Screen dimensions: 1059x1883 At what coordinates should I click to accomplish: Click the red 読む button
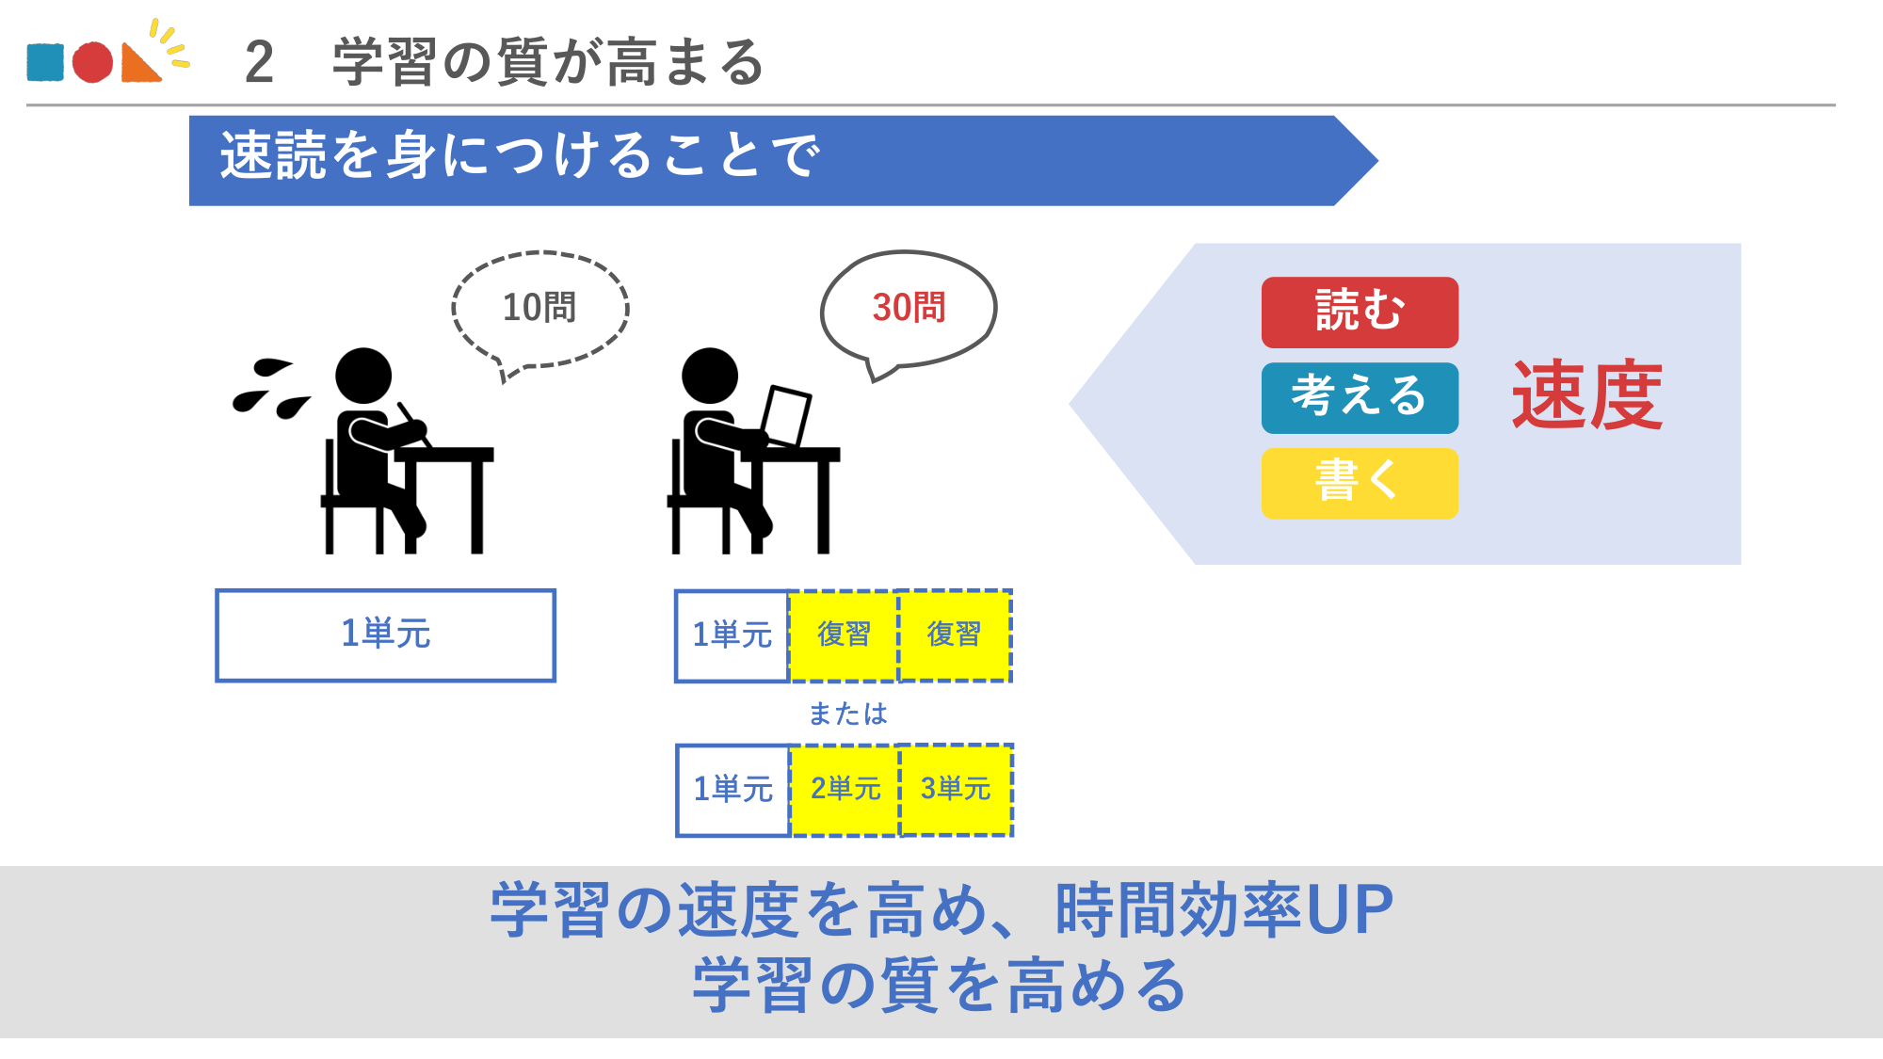pos(1360,312)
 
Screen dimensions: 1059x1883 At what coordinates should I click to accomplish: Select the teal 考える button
pos(1360,397)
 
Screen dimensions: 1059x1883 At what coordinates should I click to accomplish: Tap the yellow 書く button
pos(1360,483)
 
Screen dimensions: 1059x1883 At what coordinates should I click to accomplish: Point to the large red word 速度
pos(1587,396)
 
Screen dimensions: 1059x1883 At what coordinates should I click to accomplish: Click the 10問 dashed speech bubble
pos(539,308)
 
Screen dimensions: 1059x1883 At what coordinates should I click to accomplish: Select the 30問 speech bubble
pos(909,308)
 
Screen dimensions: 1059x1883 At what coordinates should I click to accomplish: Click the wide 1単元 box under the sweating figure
pos(385,634)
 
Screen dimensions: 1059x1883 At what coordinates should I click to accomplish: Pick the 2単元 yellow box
pos(845,789)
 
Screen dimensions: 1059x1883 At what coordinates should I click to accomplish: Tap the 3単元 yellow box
pos(956,789)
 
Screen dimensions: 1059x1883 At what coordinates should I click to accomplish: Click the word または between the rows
pos(847,714)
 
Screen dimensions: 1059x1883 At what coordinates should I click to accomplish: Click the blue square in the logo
pos(45,62)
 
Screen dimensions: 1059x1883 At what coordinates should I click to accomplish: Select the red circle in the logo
pos(92,62)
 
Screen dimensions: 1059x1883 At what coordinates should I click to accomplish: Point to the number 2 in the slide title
pos(259,63)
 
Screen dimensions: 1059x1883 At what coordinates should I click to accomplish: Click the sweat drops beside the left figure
pos(270,389)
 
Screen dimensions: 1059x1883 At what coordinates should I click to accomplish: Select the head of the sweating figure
pos(363,376)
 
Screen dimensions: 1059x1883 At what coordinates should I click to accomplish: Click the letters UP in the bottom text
pos(1349,910)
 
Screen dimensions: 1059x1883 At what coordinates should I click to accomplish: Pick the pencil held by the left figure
pos(414,424)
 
